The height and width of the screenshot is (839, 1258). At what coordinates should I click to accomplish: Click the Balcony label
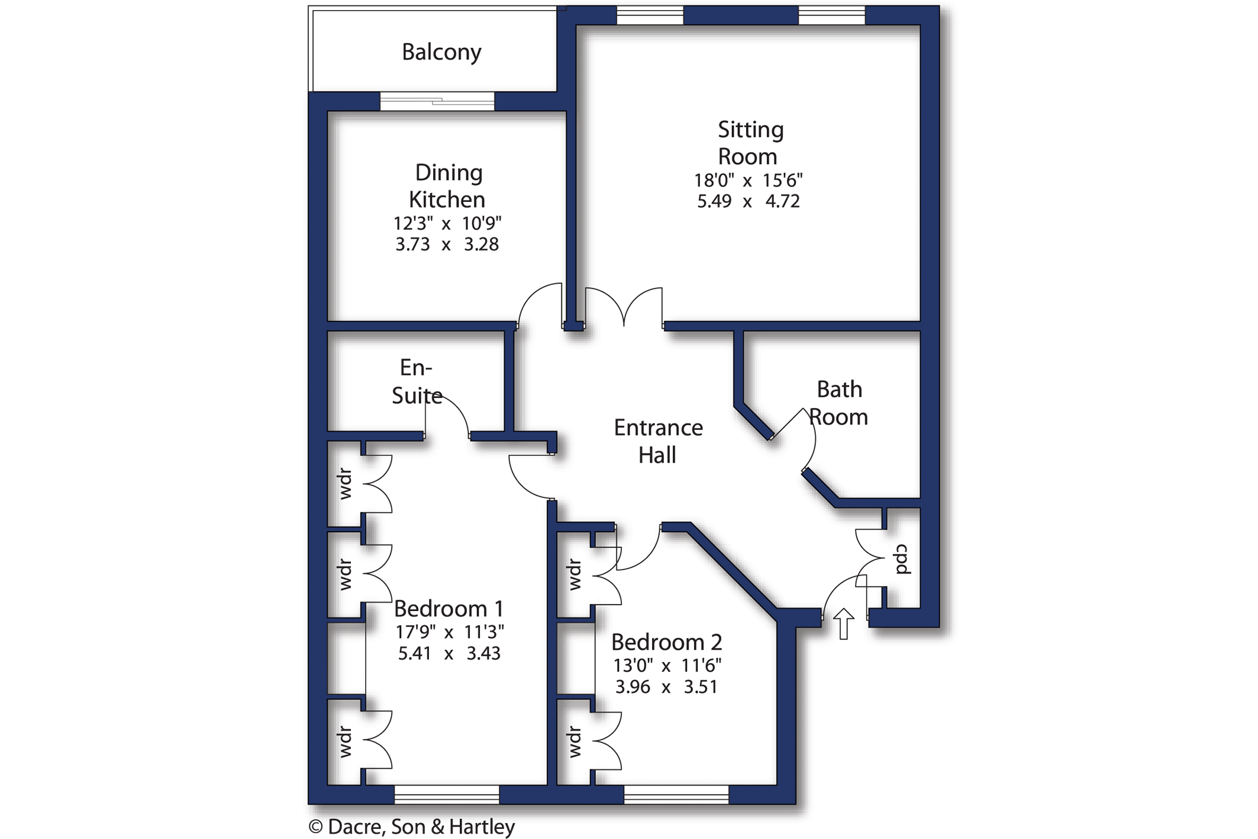tap(441, 52)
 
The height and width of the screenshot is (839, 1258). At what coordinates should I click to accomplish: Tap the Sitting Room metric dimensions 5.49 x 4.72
tap(749, 201)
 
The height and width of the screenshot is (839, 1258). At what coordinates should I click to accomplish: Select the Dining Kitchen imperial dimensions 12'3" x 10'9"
tap(447, 223)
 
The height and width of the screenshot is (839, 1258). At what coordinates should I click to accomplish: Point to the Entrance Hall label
tap(658, 441)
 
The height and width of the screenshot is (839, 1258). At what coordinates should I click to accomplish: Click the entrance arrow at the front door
tap(844, 624)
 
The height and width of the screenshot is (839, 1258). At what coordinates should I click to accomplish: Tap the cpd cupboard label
tap(902, 559)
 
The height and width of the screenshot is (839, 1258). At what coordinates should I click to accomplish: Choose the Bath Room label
tap(838, 403)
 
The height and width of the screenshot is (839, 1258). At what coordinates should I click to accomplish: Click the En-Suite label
tap(417, 381)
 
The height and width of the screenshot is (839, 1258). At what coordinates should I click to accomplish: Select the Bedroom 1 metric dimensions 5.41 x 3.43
tap(449, 654)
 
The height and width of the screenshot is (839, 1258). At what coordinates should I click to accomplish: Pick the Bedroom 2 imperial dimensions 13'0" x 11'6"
tap(667, 666)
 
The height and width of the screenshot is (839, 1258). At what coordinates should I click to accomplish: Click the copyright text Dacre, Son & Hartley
tap(412, 827)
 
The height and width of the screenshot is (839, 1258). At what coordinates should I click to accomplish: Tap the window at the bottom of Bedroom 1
tap(447, 795)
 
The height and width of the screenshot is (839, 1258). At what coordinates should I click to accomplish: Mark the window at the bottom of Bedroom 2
tap(676, 795)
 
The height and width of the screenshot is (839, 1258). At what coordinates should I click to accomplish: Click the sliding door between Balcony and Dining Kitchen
tap(437, 101)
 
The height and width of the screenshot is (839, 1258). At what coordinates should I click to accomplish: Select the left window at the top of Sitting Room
tap(650, 15)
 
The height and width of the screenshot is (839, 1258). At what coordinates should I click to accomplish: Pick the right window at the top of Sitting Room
tap(832, 15)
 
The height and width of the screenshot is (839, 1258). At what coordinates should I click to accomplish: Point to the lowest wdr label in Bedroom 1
tap(346, 742)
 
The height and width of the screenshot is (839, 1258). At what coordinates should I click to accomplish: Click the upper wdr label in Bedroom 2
tap(575, 574)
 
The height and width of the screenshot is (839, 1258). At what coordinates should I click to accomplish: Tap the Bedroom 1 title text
tap(449, 609)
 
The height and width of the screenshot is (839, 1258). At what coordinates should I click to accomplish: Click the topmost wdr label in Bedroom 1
tap(346, 484)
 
